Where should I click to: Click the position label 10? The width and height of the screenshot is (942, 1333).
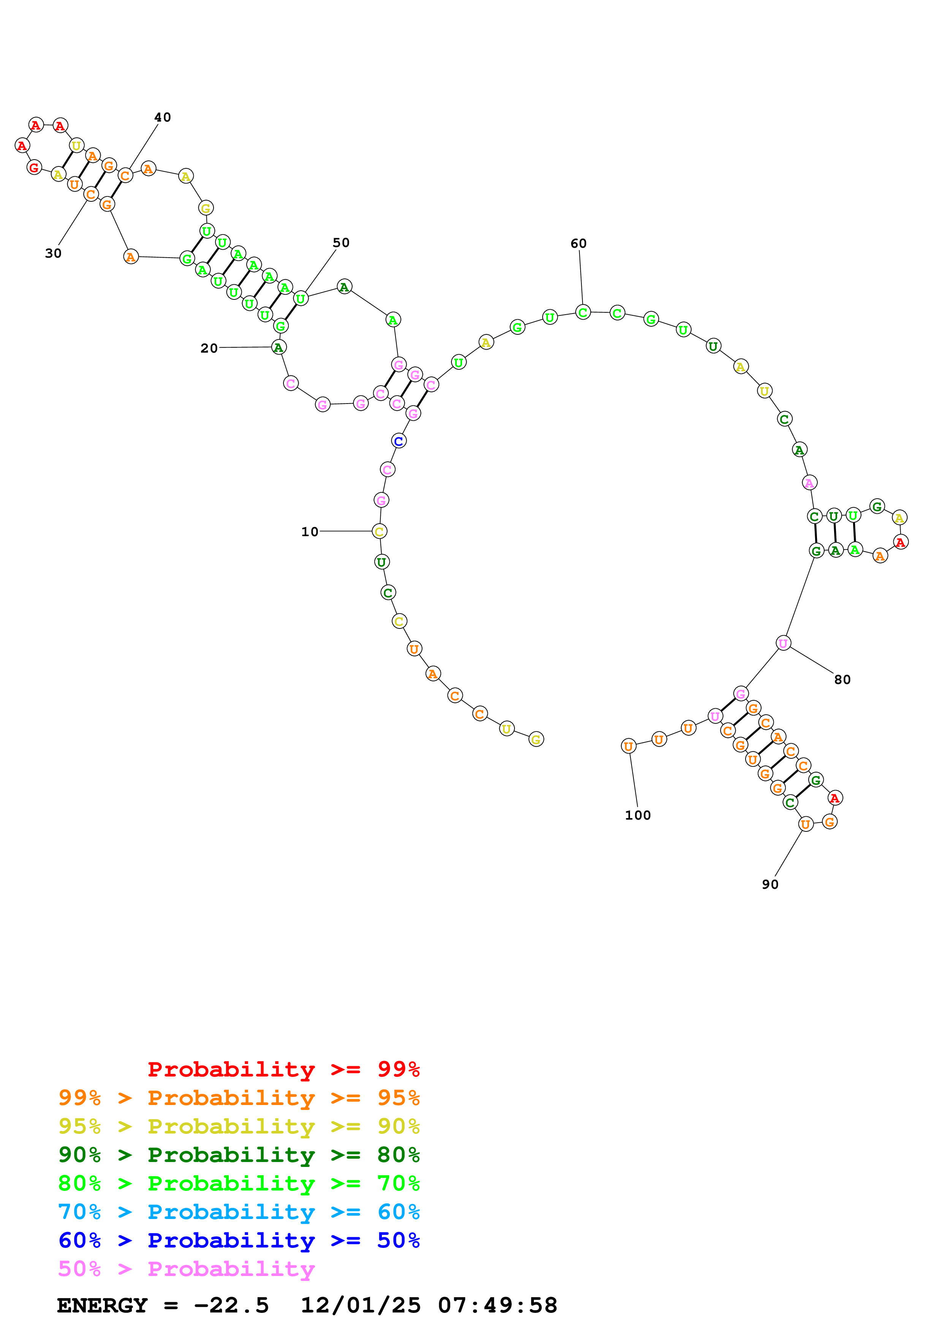click(x=309, y=532)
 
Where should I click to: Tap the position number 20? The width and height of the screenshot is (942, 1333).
click(x=209, y=348)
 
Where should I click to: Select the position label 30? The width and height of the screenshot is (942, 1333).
click(x=53, y=253)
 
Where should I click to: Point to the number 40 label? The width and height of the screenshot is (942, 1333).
click(x=163, y=117)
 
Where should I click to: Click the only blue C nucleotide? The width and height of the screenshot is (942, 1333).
click(x=399, y=441)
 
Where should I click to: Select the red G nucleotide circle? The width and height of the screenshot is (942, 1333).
click(x=34, y=168)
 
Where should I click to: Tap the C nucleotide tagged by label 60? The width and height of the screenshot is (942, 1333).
click(x=583, y=312)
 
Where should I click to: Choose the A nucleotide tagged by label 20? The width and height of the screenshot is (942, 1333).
click(x=279, y=348)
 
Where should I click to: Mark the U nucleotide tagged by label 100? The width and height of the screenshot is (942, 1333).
click(x=628, y=747)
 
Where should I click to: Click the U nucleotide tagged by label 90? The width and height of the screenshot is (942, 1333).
click(x=806, y=825)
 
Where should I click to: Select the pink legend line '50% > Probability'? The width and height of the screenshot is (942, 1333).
click(x=186, y=1269)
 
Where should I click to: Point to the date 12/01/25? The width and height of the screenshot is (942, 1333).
click(x=361, y=1306)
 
